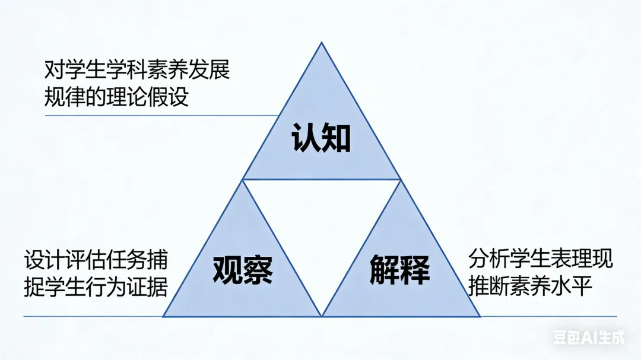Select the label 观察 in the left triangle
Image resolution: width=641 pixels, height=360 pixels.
click(x=243, y=271)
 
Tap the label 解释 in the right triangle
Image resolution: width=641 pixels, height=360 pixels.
click(x=399, y=271)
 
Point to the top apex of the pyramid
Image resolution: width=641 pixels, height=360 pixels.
click(x=321, y=43)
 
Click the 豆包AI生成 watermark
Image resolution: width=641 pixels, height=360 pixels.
click(x=589, y=338)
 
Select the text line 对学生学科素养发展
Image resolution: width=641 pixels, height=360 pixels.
click(x=137, y=71)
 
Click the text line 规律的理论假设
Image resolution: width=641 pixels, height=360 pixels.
click(x=116, y=97)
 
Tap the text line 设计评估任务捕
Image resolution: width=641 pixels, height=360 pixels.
click(x=96, y=260)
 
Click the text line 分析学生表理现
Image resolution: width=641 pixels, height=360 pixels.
click(x=540, y=260)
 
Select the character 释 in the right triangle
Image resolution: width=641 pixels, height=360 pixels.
click(x=415, y=271)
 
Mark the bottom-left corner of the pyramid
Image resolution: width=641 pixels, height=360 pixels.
click(x=164, y=316)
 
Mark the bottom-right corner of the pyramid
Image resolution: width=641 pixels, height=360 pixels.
click(x=480, y=316)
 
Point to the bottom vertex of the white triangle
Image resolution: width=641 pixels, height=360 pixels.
click(x=322, y=314)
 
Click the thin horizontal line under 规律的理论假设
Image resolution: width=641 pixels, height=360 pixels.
click(x=160, y=115)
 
